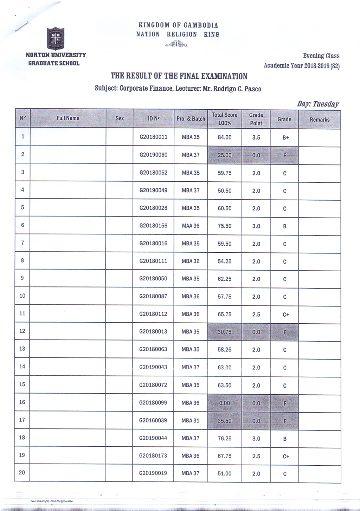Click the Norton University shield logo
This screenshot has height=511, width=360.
(56, 38)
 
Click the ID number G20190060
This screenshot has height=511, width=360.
(153, 155)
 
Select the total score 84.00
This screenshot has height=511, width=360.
(224, 137)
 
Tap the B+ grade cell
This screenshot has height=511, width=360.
(285, 138)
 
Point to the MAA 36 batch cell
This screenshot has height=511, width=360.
(191, 226)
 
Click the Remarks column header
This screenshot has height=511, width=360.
(320, 119)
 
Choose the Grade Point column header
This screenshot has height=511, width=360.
(256, 119)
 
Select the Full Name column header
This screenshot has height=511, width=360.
(68, 118)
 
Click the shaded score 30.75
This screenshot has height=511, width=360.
(224, 332)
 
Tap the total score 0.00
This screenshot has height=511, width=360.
(224, 403)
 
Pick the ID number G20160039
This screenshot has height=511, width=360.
(153, 420)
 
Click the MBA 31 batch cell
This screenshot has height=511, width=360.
(190, 420)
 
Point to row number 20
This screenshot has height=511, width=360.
(22, 473)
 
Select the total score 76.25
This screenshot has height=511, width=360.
(224, 439)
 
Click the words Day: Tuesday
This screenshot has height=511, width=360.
(318, 104)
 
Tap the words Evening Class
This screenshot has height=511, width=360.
(321, 56)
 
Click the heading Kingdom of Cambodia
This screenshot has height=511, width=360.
(178, 25)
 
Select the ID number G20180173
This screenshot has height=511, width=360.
(153, 456)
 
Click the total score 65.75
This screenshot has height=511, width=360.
(224, 314)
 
